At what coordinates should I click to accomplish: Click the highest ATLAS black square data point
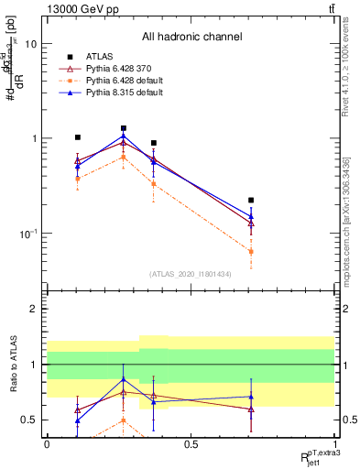pos(124,128)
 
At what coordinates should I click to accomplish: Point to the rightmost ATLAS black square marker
pos(251,200)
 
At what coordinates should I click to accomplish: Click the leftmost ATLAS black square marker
pos(78,137)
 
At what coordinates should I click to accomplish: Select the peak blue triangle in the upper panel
pos(124,136)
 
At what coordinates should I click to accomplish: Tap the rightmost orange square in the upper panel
pos(251,251)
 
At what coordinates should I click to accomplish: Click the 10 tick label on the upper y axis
pos(30,44)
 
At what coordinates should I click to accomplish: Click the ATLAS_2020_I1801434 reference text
pos(191,274)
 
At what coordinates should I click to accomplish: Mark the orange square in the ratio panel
pos(124,420)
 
